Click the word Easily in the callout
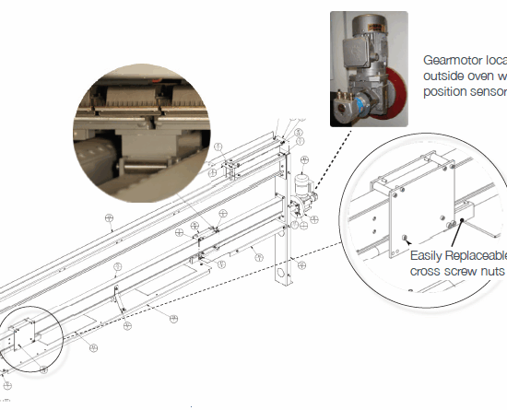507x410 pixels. [427, 256]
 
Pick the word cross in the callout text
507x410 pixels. [426, 272]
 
